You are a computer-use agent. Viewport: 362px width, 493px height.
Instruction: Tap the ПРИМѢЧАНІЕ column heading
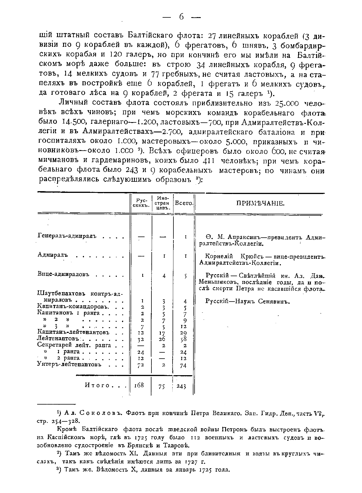tap(260, 203)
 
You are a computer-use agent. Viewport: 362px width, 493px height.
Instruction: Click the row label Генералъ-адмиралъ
tap(67, 236)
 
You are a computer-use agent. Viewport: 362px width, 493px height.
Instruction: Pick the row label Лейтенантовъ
tap(58, 339)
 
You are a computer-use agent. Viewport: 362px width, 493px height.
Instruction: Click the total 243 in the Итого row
tap(181, 386)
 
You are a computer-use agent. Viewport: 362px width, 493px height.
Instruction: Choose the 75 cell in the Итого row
tap(162, 386)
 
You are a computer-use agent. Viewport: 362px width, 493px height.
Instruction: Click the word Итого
tap(97, 386)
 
